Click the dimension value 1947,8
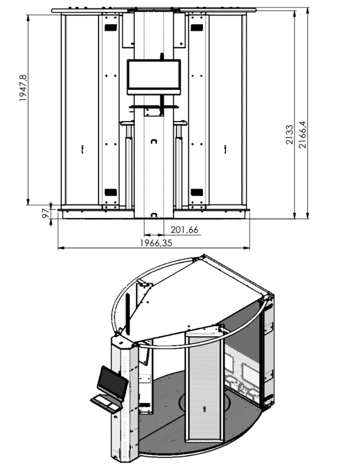point(23,87)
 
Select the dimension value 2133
point(289,135)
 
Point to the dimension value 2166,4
point(302,135)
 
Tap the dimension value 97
point(45,213)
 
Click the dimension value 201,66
point(184,230)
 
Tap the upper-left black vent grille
point(110,27)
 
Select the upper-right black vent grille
point(197,27)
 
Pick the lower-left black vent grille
point(110,192)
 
